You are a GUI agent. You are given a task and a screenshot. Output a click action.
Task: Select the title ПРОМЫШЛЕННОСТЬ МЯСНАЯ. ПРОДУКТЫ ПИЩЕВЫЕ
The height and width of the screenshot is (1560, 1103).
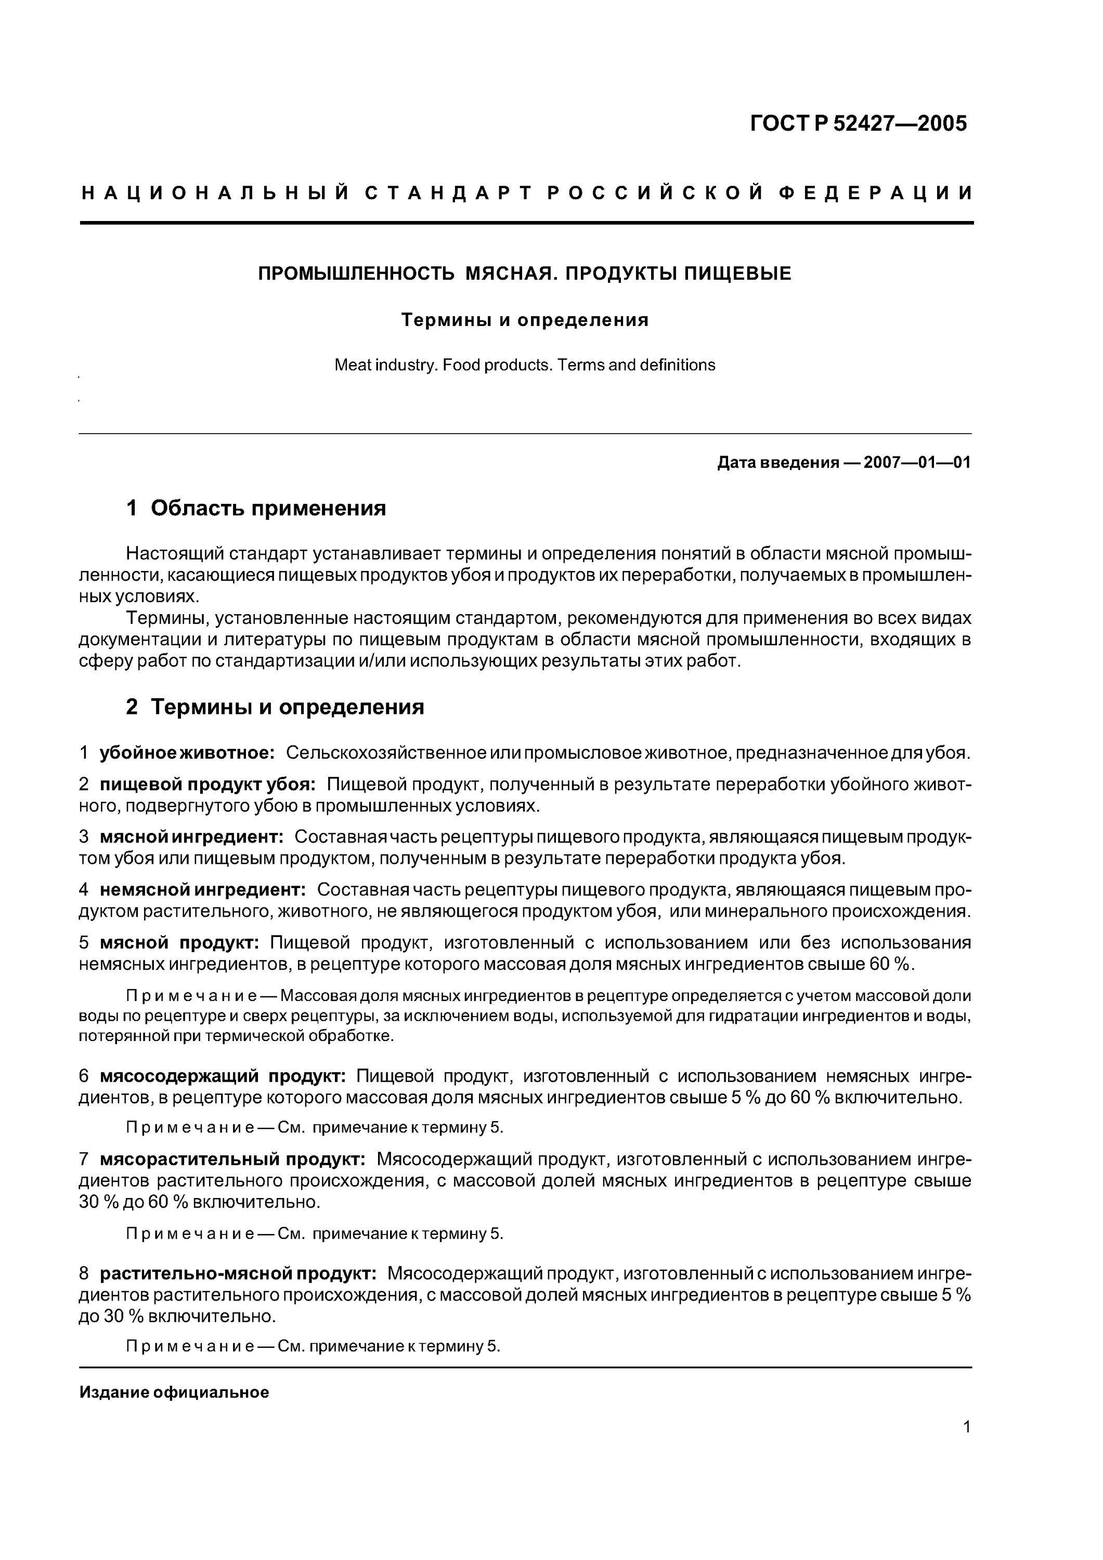[x=525, y=274]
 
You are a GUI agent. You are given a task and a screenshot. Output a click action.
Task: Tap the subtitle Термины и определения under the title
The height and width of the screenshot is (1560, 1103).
[x=525, y=320]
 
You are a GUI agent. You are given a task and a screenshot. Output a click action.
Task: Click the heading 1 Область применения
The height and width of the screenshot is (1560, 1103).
[x=256, y=508]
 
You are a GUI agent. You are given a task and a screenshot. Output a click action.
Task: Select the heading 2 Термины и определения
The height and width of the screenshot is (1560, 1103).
[x=275, y=707]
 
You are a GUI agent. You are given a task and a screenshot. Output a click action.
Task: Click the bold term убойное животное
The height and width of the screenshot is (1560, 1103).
[x=187, y=753]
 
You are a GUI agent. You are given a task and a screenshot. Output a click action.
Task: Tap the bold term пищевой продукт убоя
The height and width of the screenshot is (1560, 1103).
[x=207, y=784]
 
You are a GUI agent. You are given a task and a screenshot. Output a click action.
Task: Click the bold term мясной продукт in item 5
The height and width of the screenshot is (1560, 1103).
[x=179, y=942]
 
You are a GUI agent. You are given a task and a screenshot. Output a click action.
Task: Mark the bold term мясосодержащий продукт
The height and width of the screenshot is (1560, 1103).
[x=223, y=1076]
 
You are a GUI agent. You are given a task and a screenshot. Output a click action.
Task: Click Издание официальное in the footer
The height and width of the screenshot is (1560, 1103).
[x=174, y=1392]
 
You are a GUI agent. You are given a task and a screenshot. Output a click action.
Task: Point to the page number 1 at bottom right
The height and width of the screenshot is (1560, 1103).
[x=966, y=1427]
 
